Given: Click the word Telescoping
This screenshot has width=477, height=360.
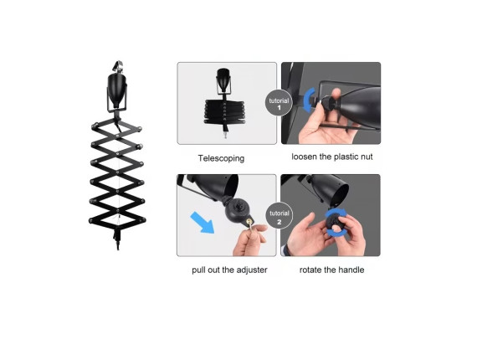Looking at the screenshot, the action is [221, 158].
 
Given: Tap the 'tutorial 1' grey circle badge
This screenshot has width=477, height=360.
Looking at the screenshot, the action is [279, 103].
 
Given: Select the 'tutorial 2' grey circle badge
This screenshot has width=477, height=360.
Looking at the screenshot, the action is [280, 215].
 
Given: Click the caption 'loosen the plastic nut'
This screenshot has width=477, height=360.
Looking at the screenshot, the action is [332, 157].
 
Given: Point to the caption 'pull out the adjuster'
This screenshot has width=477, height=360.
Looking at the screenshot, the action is [229, 270].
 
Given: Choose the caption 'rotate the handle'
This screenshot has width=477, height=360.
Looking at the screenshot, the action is [331, 270].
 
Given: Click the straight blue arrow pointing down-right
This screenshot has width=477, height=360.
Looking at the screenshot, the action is [203, 223].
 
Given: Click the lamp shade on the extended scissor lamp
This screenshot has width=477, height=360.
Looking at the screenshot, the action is [117, 90].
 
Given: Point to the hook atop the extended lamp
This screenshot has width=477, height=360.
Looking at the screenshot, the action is [118, 66].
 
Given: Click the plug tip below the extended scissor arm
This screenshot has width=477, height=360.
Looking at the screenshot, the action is [118, 245].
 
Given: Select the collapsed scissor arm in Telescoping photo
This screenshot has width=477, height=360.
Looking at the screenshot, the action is [224, 111].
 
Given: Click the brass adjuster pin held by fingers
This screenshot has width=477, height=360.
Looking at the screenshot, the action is [249, 223].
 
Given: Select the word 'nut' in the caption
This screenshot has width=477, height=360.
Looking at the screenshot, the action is [367, 157].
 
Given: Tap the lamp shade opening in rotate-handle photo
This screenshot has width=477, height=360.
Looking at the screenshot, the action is [342, 193].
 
